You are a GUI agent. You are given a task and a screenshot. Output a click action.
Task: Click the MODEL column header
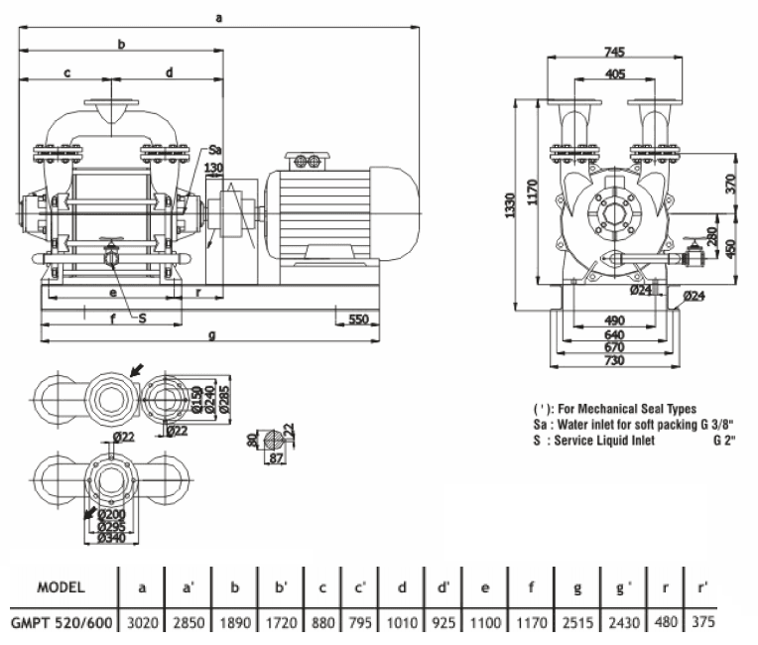pyautogui.click(x=61, y=586)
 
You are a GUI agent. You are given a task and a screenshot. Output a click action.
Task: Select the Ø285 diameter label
pyautogui.click(x=225, y=396)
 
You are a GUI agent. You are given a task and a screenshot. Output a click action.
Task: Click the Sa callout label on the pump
pyautogui.click(x=215, y=150)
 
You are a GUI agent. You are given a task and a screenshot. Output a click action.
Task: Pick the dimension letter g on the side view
pyautogui.click(x=211, y=336)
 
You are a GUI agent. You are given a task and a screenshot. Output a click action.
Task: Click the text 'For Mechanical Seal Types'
pyautogui.click(x=636, y=409)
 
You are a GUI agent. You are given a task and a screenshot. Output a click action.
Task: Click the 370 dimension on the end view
pyautogui.click(x=730, y=184)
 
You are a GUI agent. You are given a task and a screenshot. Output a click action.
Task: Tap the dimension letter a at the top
pyautogui.click(x=219, y=17)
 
